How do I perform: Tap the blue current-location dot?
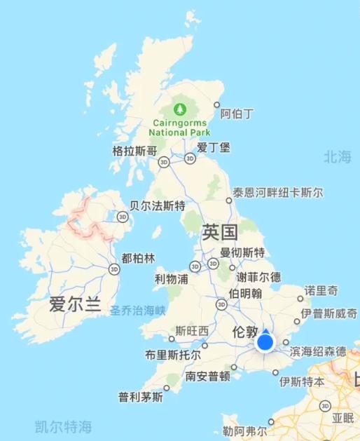[x=265, y=342]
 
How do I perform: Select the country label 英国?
[x=220, y=233]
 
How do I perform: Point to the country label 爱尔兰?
[x=75, y=305]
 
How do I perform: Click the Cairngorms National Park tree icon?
[x=180, y=109]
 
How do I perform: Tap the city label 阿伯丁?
[x=237, y=113]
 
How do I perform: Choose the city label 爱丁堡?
[x=213, y=147]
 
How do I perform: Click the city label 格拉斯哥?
[x=134, y=151]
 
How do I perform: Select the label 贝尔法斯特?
[x=158, y=206]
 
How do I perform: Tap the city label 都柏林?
[x=138, y=258]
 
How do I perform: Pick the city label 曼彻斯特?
[x=242, y=252]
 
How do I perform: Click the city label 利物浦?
[x=172, y=279]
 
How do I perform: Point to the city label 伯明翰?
[x=245, y=293]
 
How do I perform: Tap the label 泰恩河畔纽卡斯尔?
[x=278, y=192]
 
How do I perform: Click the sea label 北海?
[x=337, y=157]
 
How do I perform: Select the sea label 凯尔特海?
[x=64, y=426]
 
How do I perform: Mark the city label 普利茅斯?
[x=141, y=397]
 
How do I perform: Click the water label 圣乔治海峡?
[x=138, y=309]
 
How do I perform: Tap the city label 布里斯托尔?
[x=172, y=355]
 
